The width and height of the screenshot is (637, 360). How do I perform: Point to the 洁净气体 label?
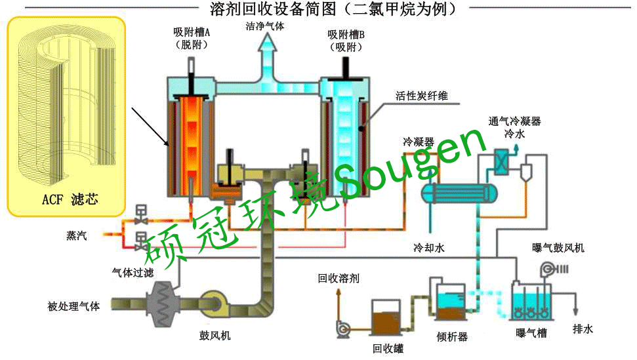[265, 28]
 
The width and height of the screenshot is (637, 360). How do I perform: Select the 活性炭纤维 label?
[421, 96]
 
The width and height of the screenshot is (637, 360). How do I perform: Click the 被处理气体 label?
[74, 306]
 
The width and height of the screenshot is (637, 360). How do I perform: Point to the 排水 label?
[583, 329]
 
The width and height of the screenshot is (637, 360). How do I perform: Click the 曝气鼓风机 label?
[558, 247]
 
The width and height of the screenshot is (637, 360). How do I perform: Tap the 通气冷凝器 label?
[514, 121]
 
